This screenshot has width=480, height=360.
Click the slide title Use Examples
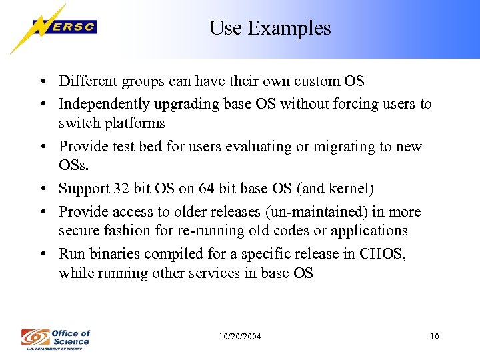pos(270,28)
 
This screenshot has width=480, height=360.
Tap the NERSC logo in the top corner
pos(54,27)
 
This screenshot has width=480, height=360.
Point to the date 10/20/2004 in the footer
pos(240,337)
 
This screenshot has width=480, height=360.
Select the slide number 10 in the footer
pos(435,337)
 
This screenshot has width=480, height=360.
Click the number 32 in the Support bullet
pos(120,189)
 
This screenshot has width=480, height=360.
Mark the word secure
pos(79,231)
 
